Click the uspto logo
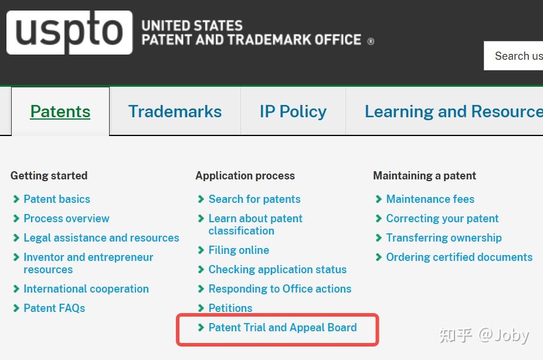[69, 32]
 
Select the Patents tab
[60, 111]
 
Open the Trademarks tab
[175, 111]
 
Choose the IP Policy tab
[293, 111]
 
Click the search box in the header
[513, 56]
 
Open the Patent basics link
[57, 199]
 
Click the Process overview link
[66, 219]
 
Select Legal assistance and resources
[101, 238]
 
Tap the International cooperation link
[86, 288]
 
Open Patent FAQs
[55, 308]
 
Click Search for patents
[254, 199]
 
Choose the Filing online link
[239, 250]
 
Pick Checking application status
[277, 269]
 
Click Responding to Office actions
[280, 288]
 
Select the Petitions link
[230, 308]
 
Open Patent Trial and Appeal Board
[283, 328]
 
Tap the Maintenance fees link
[430, 199]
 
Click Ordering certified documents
[459, 257]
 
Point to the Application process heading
[245, 176]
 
